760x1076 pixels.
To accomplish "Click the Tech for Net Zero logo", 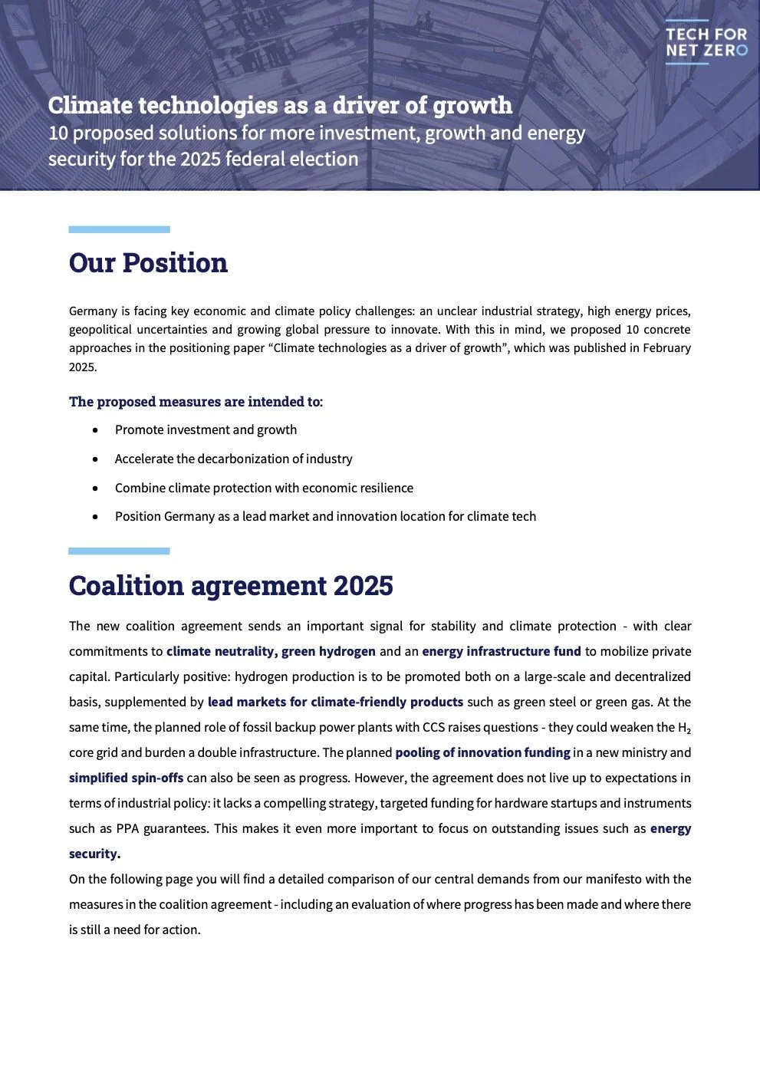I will click(x=706, y=42).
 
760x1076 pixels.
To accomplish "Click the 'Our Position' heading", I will click(x=148, y=263).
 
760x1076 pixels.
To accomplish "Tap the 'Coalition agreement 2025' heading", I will click(x=231, y=586).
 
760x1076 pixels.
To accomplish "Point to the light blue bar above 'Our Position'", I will click(x=119, y=229).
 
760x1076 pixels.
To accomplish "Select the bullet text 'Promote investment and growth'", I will click(x=206, y=430).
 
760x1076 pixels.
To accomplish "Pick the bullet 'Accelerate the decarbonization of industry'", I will click(x=233, y=459).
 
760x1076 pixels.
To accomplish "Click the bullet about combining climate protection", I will click(x=264, y=489).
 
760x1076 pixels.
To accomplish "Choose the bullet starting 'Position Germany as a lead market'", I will click(x=325, y=517).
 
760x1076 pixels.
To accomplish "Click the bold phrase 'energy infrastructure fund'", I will click(x=501, y=652).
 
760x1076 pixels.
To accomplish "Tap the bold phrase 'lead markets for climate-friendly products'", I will click(x=335, y=703).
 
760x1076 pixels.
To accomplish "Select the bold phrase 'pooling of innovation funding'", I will click(x=482, y=753).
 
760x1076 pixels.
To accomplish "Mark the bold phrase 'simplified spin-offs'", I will click(x=126, y=778).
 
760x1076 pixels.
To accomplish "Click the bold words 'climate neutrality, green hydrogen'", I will click(x=271, y=652).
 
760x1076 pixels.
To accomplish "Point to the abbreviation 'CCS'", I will click(x=434, y=728).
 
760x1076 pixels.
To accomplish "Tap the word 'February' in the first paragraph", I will click(x=664, y=348).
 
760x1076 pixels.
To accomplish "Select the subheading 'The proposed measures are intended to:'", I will click(x=196, y=402).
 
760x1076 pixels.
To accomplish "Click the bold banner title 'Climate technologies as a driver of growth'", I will click(x=280, y=105).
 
